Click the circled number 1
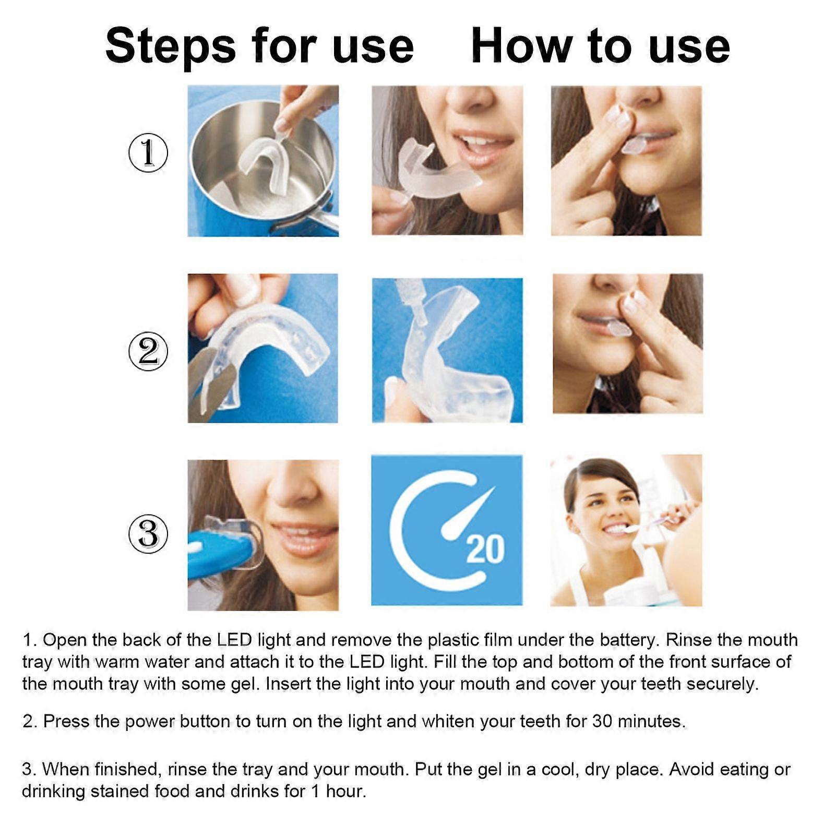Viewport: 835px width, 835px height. click(x=148, y=152)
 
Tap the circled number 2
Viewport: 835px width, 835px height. click(x=148, y=351)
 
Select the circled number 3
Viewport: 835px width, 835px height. click(x=148, y=533)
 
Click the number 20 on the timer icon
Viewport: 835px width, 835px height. click(x=485, y=550)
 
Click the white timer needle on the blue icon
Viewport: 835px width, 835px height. click(x=467, y=514)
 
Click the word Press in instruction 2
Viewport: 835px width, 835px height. click(x=67, y=721)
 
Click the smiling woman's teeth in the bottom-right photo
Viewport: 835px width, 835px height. click(x=616, y=529)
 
